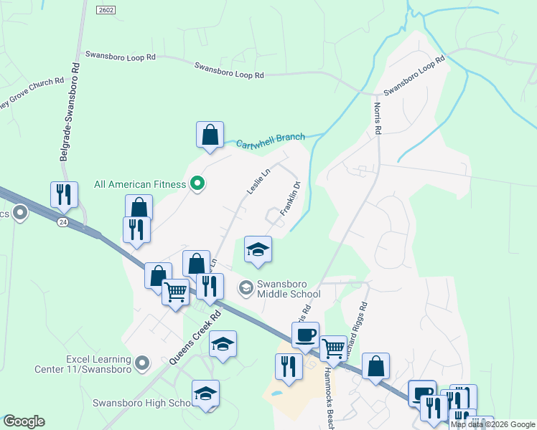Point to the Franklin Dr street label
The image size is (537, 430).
[289, 199]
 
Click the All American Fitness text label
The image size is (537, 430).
[140, 184]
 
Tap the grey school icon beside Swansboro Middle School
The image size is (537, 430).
[246, 288]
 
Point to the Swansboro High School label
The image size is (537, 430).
[141, 403]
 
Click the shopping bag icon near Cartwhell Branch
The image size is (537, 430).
[210, 134]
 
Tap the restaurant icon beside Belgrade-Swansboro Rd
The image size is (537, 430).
[64, 193]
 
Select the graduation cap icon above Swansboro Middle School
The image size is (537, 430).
[258, 249]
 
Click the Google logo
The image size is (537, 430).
[24, 421]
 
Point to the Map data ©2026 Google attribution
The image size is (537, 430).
[493, 424]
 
